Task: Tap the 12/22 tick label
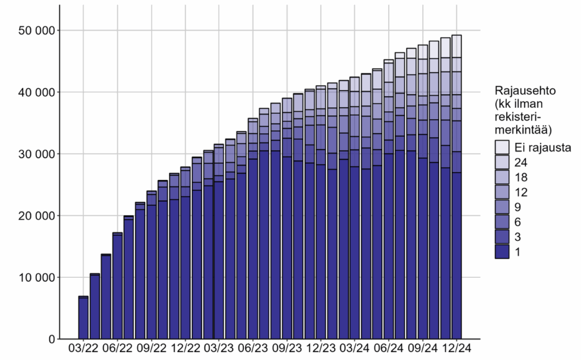pos(185,347)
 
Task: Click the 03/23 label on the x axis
pos(219,347)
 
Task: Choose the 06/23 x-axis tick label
pos(253,347)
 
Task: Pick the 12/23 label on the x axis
pos(321,347)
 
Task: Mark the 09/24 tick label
pos(423,347)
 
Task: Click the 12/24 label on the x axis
pos(457,347)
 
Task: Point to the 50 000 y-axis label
pos(33,30)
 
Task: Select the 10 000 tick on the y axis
pos(33,278)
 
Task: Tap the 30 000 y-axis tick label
pos(33,154)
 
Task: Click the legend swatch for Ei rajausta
pos(502,147)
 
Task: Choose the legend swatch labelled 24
pos(502,162)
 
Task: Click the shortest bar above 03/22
pos(83,317)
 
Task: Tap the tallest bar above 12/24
pos(457,187)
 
